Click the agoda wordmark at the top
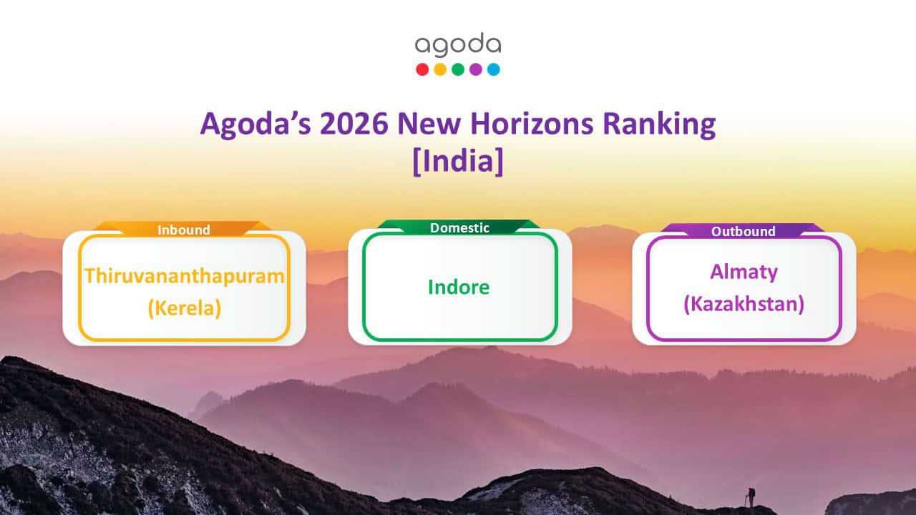tap(458, 46)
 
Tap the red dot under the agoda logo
tap(422, 69)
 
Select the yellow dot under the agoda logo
tap(440, 69)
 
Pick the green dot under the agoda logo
tap(458, 69)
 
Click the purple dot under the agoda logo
tap(476, 69)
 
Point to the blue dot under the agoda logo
tap(493, 69)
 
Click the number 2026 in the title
tap(354, 124)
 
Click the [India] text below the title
tap(458, 160)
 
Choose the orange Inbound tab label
tap(184, 230)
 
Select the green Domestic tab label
tap(459, 228)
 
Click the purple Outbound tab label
tap(743, 231)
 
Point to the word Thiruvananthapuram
tap(185, 275)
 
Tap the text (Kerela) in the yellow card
tap(185, 309)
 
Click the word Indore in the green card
tap(459, 287)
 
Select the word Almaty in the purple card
tap(744, 272)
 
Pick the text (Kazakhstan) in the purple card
tap(744, 304)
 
